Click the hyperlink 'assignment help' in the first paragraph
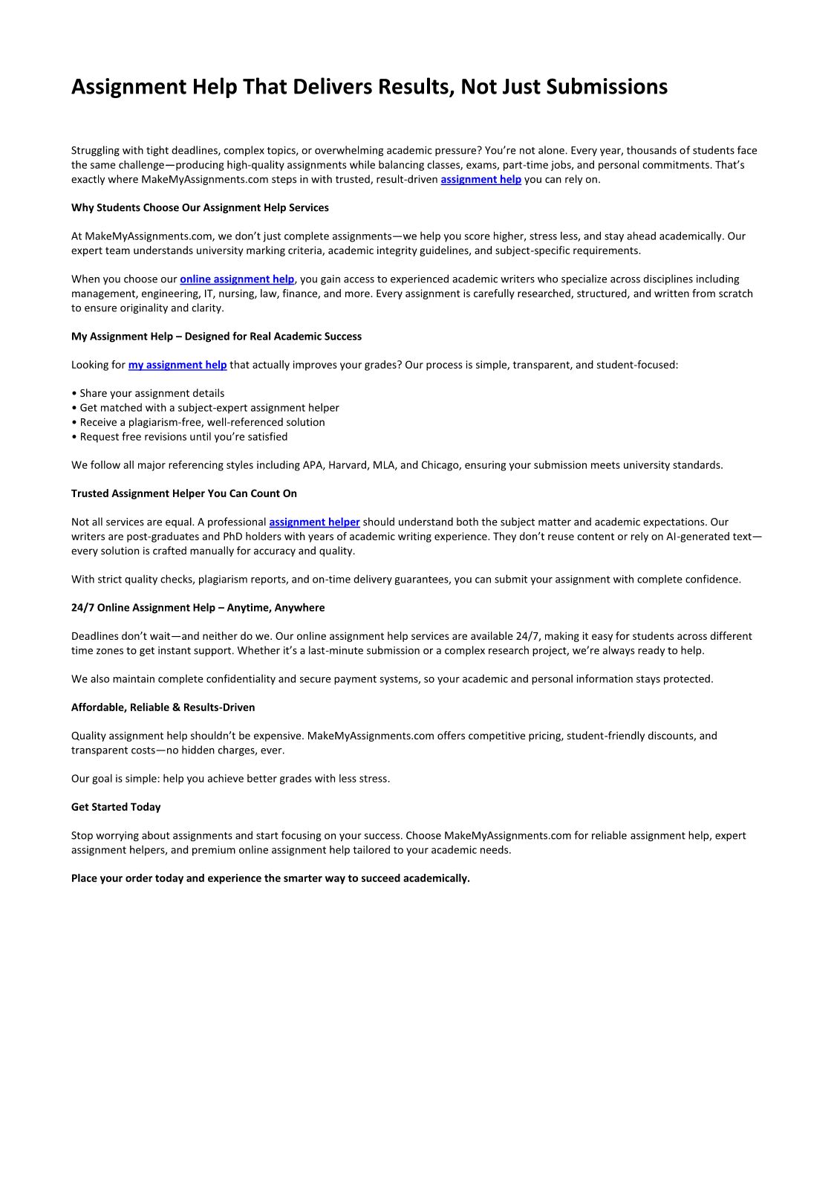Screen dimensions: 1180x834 click(x=480, y=179)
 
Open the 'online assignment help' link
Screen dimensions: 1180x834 click(x=237, y=279)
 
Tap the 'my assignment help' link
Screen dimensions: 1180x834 click(x=177, y=365)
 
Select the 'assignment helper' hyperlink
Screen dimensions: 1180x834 click(x=314, y=522)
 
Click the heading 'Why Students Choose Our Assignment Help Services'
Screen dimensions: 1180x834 click(x=200, y=207)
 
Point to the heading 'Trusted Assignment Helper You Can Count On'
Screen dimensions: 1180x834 click(x=183, y=493)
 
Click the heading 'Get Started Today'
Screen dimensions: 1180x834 click(x=116, y=807)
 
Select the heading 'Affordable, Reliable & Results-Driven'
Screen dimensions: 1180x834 click(x=163, y=707)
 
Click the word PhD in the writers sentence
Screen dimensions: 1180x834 click(x=234, y=536)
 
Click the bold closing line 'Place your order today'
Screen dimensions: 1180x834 click(x=270, y=878)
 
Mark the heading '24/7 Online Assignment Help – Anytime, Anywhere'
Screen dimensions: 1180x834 click(x=198, y=608)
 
